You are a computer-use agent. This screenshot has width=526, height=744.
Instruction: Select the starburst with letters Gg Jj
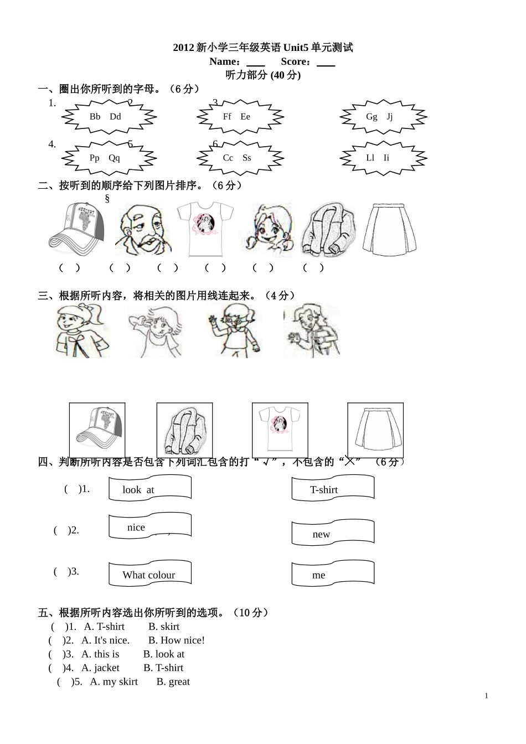pyautogui.click(x=383, y=117)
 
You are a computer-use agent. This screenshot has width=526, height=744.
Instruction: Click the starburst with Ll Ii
pyautogui.click(x=383, y=158)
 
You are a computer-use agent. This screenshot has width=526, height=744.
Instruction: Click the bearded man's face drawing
pyautogui.click(x=143, y=230)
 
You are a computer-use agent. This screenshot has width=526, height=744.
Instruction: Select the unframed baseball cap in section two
pyautogui.click(x=76, y=230)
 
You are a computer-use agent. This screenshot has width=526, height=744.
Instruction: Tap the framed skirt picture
pyautogui.click(x=375, y=430)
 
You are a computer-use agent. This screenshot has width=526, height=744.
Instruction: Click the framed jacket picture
pyautogui.click(x=184, y=430)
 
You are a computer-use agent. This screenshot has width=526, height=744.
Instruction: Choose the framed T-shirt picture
pyautogui.click(x=280, y=430)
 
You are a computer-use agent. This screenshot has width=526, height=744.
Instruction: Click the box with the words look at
pyautogui.click(x=150, y=489)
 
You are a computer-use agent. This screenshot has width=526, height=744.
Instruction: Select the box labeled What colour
pyautogui.click(x=150, y=574)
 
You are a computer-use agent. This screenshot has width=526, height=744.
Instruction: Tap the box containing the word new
pyautogui.click(x=333, y=533)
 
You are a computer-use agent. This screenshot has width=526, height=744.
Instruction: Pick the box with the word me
pyautogui.click(x=333, y=574)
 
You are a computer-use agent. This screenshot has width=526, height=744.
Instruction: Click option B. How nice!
pyautogui.click(x=177, y=640)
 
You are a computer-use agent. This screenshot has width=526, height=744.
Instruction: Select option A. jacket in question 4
pyautogui.click(x=100, y=668)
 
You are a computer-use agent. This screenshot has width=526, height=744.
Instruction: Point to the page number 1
pyautogui.click(x=486, y=696)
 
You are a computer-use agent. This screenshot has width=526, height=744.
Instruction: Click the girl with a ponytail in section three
pyautogui.click(x=82, y=331)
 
